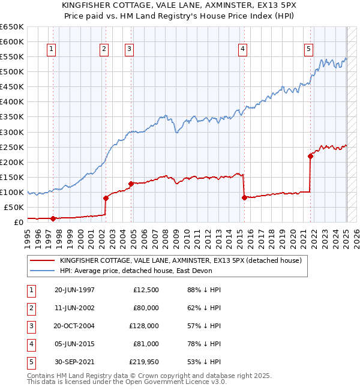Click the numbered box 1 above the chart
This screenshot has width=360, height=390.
click(x=52, y=50)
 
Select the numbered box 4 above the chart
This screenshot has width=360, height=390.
click(x=242, y=50)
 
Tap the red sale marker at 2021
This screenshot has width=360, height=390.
click(x=310, y=156)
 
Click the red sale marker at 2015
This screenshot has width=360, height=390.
click(x=244, y=197)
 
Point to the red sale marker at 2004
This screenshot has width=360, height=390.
click(x=130, y=184)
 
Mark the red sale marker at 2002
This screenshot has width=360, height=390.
click(x=105, y=198)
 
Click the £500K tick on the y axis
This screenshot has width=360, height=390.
click(x=11, y=72)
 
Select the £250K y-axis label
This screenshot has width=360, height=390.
click(x=11, y=147)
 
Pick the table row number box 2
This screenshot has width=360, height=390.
click(x=30, y=308)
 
